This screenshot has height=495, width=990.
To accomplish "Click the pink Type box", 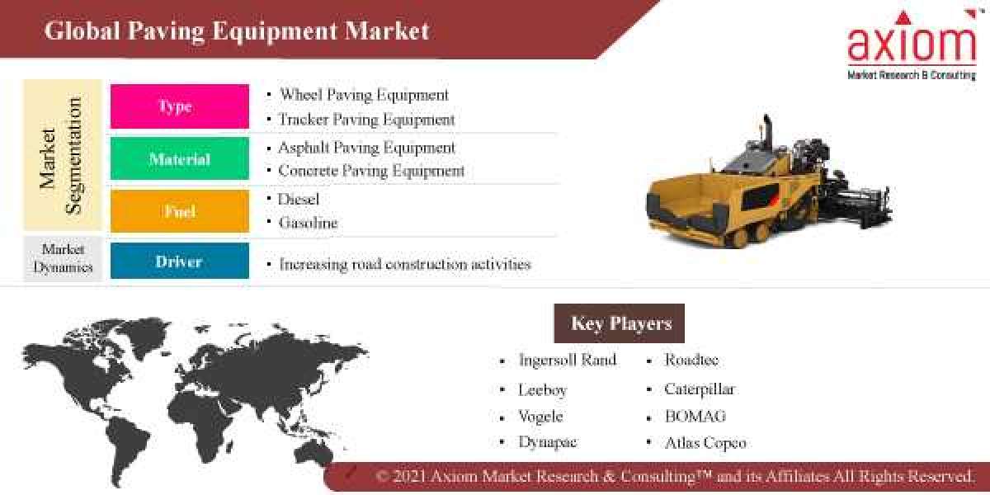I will [x=179, y=106].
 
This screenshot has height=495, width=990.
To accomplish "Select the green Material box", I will [x=179, y=159].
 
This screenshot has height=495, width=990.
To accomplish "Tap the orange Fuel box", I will [x=179, y=211].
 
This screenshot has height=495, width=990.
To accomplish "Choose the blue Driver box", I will [x=179, y=262].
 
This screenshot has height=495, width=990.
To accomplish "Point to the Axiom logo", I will [x=911, y=46].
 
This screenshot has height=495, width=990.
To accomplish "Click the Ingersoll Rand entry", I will [x=567, y=361].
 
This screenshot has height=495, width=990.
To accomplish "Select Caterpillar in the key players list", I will [x=699, y=389].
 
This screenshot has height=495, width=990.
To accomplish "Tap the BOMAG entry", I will [x=695, y=416].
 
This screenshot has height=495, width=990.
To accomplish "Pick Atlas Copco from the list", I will [x=705, y=443].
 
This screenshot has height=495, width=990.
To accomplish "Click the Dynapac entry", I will [x=547, y=442].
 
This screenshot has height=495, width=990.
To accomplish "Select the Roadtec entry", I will [x=691, y=361].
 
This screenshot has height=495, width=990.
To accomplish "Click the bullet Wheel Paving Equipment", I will [x=364, y=95].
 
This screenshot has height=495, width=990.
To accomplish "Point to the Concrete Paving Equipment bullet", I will [x=371, y=171].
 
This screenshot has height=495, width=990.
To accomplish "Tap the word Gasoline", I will [x=308, y=223].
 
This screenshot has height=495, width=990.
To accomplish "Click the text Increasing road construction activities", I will [x=404, y=264].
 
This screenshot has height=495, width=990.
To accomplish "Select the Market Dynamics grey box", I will [x=63, y=259].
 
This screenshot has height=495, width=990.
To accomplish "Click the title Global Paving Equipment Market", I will [x=237, y=31].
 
